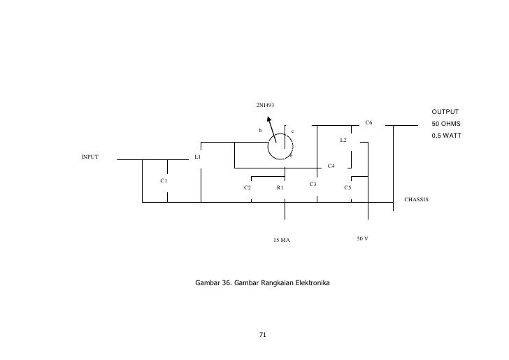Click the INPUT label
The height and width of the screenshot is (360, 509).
click(90, 157)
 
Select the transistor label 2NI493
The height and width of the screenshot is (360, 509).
click(264, 106)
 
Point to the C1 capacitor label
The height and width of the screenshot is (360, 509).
click(164, 180)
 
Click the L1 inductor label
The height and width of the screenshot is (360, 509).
click(198, 157)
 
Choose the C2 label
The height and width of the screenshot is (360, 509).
click(248, 188)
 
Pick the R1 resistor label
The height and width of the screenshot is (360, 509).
click(280, 188)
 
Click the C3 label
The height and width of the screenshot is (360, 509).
click(313, 184)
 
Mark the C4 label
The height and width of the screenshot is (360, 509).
click(331, 166)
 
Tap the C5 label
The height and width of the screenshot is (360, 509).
click(347, 188)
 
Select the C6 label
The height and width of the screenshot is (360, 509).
click(368, 123)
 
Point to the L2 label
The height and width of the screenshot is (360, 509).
click(343, 141)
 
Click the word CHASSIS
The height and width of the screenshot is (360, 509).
click(417, 200)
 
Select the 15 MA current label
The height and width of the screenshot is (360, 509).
click(281, 240)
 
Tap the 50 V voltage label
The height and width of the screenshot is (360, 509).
click(362, 239)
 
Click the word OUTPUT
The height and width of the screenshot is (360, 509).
click(445, 112)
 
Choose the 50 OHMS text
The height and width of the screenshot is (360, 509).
click(445, 124)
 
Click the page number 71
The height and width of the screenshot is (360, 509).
click(263, 336)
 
